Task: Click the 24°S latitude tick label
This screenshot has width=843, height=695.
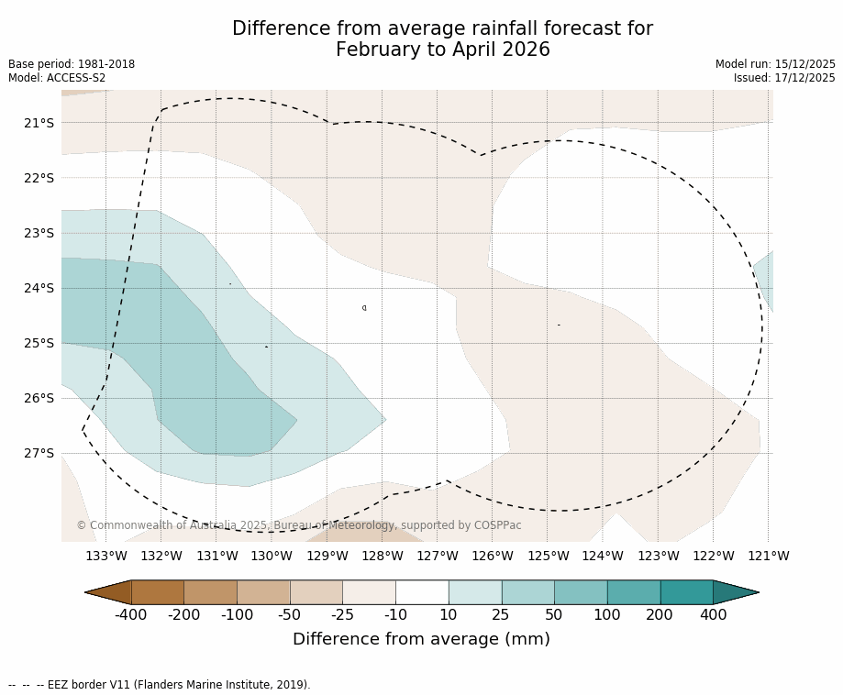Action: point(39,288)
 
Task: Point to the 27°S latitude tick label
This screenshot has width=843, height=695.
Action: point(39,453)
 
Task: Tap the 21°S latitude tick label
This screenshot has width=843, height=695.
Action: point(39,123)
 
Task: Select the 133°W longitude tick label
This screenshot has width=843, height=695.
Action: point(106,556)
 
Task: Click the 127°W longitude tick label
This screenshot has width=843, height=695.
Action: point(438,556)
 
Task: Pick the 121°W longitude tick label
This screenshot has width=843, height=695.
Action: point(769,556)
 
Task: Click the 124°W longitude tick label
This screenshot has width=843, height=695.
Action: point(603,556)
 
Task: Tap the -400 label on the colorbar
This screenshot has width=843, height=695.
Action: point(131,614)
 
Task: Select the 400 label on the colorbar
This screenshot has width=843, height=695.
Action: point(713,614)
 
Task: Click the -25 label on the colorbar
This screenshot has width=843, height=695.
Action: point(343,614)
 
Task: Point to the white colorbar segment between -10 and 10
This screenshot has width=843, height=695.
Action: point(422,592)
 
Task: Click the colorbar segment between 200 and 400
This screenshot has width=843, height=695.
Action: point(686,592)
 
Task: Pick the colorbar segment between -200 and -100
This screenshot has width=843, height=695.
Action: point(210,592)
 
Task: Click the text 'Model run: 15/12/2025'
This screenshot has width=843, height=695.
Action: point(775,64)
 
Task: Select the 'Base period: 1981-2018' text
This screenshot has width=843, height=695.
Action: point(72,64)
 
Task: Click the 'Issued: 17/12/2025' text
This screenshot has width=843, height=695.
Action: point(784,78)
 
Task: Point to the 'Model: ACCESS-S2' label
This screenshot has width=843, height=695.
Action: point(57,78)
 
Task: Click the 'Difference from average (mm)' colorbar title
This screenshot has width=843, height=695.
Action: point(421,639)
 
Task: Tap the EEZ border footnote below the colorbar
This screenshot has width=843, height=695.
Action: point(160,685)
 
